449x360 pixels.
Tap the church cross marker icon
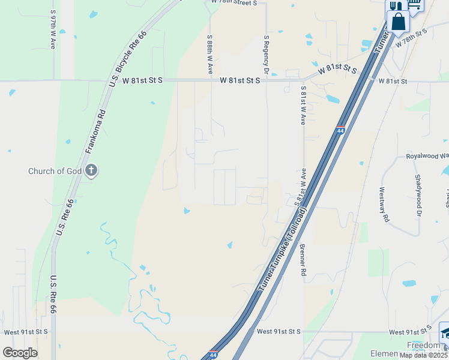point(92,171)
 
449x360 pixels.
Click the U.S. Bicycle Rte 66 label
point(128,58)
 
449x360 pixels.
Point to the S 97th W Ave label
point(53,29)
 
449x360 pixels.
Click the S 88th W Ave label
point(210,54)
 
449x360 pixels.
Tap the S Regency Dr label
point(266,51)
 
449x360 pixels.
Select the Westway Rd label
point(381,204)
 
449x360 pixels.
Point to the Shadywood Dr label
point(417,195)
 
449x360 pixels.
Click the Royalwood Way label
point(427,156)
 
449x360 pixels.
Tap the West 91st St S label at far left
point(25,331)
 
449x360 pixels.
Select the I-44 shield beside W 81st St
point(340,130)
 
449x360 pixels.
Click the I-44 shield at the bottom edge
point(213,355)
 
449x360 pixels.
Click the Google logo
point(20,353)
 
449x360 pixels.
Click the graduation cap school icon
point(445,331)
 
